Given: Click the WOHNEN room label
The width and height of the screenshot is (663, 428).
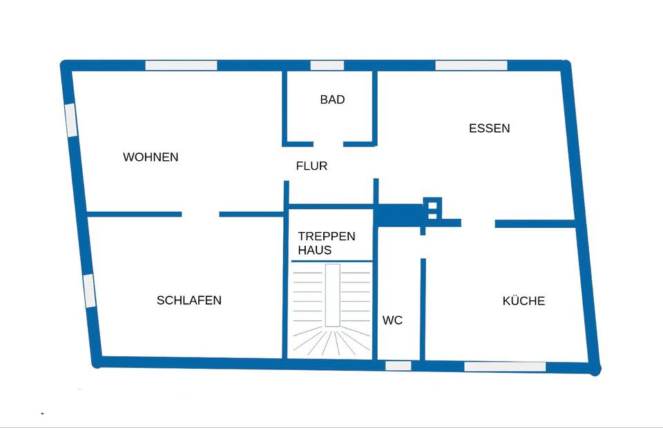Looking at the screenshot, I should [151, 157].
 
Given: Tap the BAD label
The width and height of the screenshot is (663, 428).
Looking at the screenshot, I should [332, 100].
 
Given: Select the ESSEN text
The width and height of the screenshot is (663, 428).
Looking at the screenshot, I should [489, 128].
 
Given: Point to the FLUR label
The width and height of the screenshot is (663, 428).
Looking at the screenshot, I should [311, 166].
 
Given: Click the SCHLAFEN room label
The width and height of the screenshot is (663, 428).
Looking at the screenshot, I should [189, 300].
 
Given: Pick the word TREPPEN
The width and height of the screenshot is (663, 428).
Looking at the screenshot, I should [327, 236].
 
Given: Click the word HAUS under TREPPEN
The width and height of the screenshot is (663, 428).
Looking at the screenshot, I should [315, 251].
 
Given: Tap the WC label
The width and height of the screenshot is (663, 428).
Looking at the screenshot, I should [392, 321].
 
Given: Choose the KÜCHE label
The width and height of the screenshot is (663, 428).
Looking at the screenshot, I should [523, 301].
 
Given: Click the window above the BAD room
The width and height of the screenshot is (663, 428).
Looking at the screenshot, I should [327, 66].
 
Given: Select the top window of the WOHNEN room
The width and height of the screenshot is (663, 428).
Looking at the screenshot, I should [181, 66].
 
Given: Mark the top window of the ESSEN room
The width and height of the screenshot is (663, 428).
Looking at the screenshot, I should [471, 66].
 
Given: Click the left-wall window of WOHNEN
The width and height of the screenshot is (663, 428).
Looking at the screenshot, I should [71, 119].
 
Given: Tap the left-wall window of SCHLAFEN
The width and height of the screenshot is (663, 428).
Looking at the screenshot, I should [88, 290].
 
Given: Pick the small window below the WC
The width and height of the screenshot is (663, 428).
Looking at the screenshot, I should [398, 365].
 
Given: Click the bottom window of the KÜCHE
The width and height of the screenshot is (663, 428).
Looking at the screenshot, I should [504, 367].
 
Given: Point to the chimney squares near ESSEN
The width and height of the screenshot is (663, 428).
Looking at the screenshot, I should [433, 208].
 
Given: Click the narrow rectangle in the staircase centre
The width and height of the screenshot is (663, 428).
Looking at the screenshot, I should [332, 295].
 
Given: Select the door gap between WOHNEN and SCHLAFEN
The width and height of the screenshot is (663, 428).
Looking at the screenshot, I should [200, 214].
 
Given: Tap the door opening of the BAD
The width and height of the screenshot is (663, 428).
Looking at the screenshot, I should [328, 144].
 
